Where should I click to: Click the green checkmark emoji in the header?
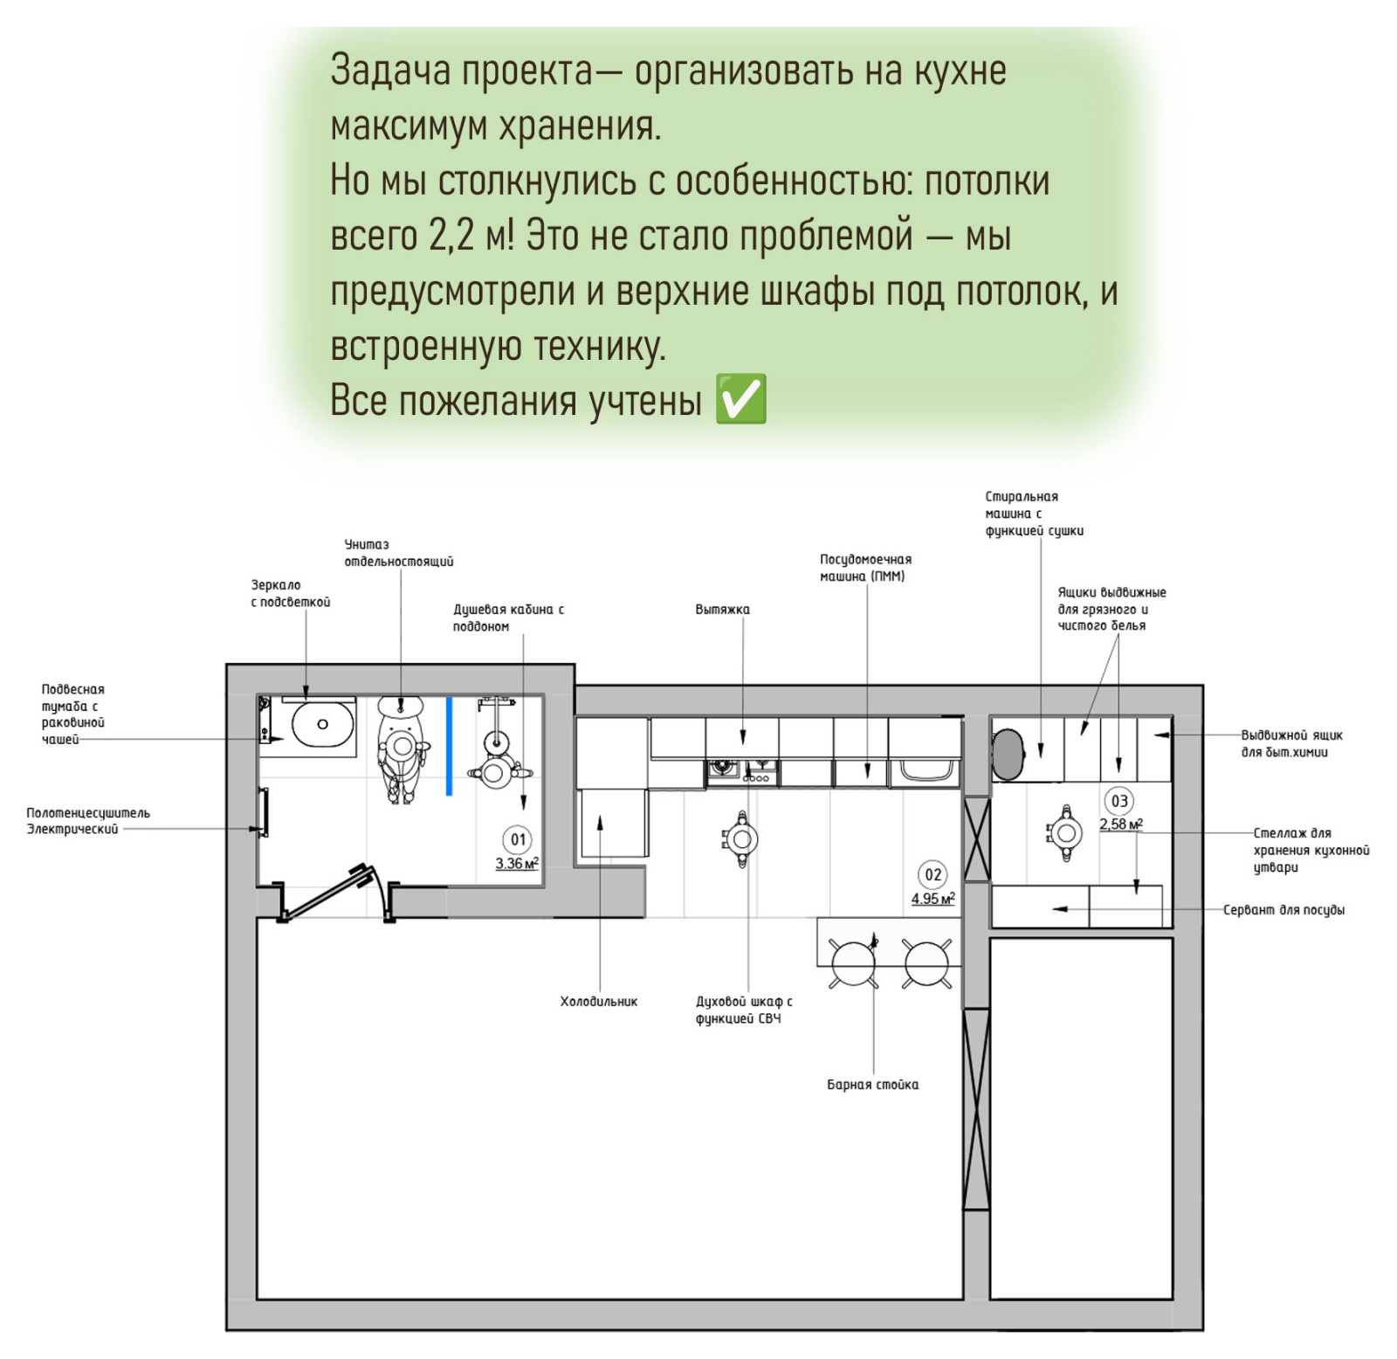(740, 399)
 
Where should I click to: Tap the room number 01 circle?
(519, 839)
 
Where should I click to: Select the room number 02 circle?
(933, 874)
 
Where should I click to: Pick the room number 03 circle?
(1119, 801)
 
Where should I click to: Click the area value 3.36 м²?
(517, 864)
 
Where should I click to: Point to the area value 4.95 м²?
(933, 899)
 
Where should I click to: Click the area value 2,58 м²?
(1121, 824)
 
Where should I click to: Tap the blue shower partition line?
(450, 746)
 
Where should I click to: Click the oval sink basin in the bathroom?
(322, 724)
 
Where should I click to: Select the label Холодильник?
(599, 1002)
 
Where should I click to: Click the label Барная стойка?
(872, 1085)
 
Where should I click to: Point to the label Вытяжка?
(722, 610)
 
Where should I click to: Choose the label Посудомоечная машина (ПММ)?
(865, 568)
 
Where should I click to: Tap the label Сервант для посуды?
(1283, 910)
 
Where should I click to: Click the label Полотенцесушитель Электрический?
(87, 821)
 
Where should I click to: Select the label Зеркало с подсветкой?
(291, 594)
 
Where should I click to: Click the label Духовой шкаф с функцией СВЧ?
(744, 1011)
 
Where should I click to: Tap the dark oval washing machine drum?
(1008, 754)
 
